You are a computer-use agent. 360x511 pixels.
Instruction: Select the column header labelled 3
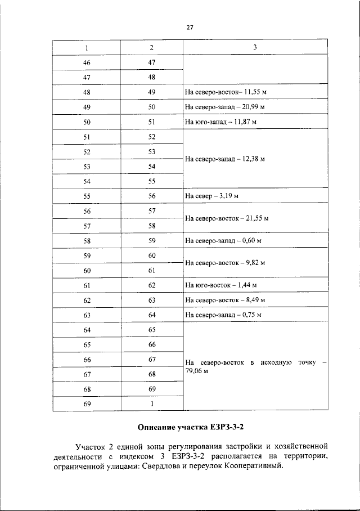click(x=254, y=47)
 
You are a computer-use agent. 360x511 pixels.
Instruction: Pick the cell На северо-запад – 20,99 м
click(x=224, y=106)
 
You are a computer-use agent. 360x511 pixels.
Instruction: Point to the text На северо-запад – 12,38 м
click(x=224, y=159)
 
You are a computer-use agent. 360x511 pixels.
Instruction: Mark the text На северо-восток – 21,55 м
click(x=227, y=218)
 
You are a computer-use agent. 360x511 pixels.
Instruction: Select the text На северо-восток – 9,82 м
click(x=224, y=262)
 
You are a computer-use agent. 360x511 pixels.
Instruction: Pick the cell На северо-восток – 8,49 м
click(x=224, y=299)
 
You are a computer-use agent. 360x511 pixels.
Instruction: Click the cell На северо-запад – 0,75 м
click(x=223, y=314)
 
